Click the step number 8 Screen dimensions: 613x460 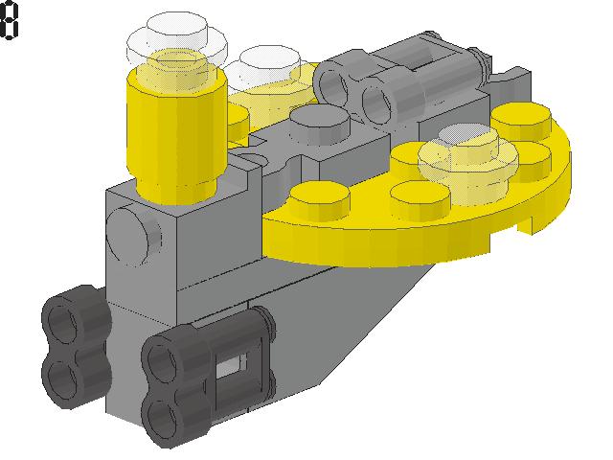pos(9,20)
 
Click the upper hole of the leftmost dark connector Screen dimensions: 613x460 pos(62,322)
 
